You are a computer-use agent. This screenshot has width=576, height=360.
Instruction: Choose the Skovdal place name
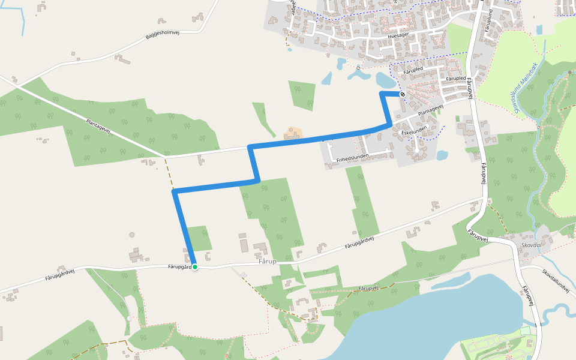point(532,245)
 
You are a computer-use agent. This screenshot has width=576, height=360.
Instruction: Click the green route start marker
point(194,266)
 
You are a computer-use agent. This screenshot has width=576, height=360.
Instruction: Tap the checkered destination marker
point(403,94)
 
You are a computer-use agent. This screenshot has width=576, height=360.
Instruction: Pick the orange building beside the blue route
point(292,133)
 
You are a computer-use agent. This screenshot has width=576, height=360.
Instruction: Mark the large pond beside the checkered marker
point(386,79)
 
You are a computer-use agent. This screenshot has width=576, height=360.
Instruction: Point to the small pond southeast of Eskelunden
point(442,155)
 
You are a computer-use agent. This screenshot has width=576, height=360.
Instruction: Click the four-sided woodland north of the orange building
point(302,95)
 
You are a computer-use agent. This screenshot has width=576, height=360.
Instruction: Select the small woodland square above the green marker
point(199,238)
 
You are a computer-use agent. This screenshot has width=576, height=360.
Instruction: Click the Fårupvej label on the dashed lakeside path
point(367,289)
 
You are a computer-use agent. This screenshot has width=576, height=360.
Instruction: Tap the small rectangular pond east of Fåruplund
point(539,29)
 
